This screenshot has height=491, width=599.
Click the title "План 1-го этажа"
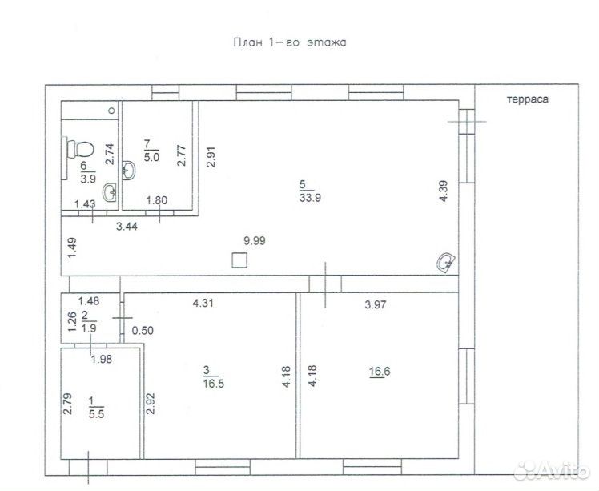coord(290,42)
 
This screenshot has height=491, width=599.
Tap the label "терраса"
coord(528,99)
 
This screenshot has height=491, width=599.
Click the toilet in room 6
coord(80,149)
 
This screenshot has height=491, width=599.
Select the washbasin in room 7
coord(128,170)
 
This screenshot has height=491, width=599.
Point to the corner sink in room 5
coord(446,263)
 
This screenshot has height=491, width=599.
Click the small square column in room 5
coord(239,260)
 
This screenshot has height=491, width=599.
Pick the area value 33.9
coord(310,198)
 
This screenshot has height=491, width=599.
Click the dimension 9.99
coord(255,241)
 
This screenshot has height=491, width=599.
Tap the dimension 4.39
coord(443,191)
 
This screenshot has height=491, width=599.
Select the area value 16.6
coord(380,372)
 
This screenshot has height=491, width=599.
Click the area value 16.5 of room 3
coord(214,384)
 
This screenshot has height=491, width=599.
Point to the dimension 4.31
coord(203,304)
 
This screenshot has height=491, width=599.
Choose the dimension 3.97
coord(376,304)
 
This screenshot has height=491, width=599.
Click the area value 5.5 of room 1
coord(96,414)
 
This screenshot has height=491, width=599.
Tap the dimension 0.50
coord(143,330)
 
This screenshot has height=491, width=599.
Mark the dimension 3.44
coord(127,227)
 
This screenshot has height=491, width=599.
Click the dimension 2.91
coord(211,157)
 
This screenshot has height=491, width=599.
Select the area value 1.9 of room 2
coord(89,328)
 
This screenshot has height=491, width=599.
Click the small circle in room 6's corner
coord(112,111)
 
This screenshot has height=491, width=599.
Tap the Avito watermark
coord(553,471)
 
